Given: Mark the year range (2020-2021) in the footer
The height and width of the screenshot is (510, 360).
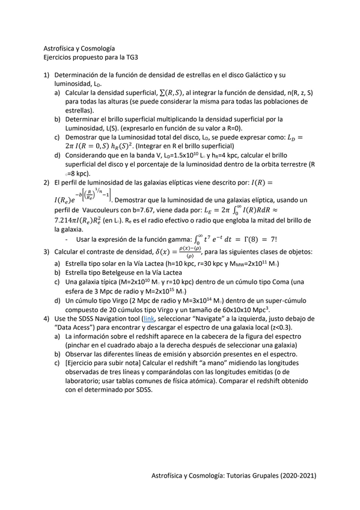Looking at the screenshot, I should [x=295, y=475].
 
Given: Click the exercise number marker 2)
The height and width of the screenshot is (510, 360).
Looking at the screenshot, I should [x=46, y=182].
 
